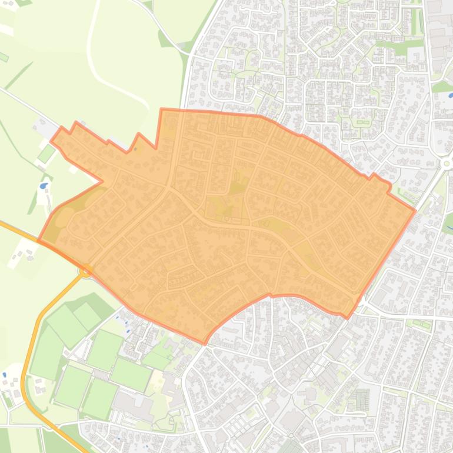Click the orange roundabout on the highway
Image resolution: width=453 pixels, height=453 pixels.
pyautogui.click(x=86, y=271)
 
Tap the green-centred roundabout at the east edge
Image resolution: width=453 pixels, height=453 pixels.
pyautogui.click(x=447, y=163)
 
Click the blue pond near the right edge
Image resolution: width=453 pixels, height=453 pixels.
pyautogui.click(x=450, y=94)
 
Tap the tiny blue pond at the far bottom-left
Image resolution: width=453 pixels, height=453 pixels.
pyautogui.click(x=5, y=374)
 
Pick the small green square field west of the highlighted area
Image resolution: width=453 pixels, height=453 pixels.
pyautogui.click(x=46, y=154)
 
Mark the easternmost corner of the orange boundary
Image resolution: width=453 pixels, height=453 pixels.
pyautogui.click(x=415, y=209)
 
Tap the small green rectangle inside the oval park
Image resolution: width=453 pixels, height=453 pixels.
pyautogui.click(x=362, y=122)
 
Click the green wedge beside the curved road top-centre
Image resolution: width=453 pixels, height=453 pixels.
pyautogui.click(x=165, y=38)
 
